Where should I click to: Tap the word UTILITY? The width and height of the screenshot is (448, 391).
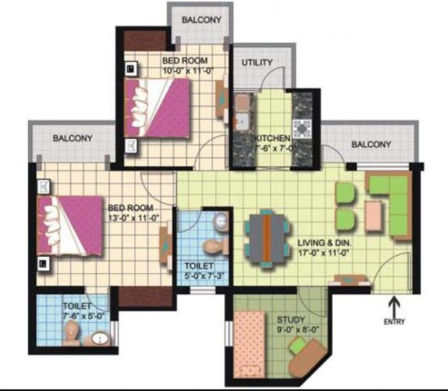pyautogui.click(x=257, y=63)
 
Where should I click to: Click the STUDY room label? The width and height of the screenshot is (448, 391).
pyautogui.click(x=291, y=319)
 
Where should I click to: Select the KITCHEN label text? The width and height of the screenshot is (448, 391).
pyautogui.click(x=272, y=138)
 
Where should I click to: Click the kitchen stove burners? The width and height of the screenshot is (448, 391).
pyautogui.click(x=302, y=129)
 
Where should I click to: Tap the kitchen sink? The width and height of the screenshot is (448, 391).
pyautogui.click(x=242, y=121)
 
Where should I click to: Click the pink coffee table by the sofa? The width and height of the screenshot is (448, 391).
pyautogui.click(x=374, y=215)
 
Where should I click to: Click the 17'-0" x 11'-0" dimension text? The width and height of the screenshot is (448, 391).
pyautogui.click(x=324, y=253)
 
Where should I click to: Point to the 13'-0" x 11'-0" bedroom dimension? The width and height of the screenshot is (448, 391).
pyautogui.click(x=133, y=218)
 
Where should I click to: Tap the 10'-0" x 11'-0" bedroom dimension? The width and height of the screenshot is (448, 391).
pyautogui.click(x=188, y=70)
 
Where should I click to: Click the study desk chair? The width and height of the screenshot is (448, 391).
pyautogui.click(x=296, y=345)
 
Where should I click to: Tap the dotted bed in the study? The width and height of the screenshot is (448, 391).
pyautogui.click(x=249, y=345)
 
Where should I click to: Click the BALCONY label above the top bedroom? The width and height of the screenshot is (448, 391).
pyautogui.click(x=201, y=20)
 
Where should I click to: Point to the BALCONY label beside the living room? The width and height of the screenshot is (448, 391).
pyautogui.click(x=371, y=144)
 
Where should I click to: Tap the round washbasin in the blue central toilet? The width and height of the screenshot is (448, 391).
pyautogui.click(x=221, y=221)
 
